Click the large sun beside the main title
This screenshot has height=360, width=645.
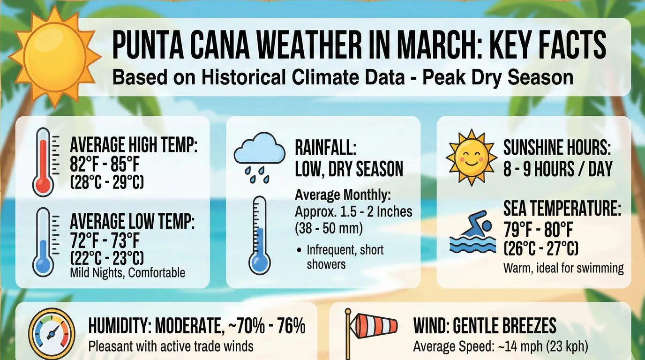click(54, 55)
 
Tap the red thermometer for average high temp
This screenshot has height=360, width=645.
click(44, 162)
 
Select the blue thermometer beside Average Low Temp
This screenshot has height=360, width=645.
click(44, 241)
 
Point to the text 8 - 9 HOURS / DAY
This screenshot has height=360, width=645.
click(558, 169)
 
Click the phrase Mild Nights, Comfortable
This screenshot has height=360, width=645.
click(127, 273)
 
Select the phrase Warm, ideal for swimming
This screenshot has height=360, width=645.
click(563, 268)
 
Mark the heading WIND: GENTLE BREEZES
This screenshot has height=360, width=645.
click(485, 325)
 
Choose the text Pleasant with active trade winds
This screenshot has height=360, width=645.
click(171, 346)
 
